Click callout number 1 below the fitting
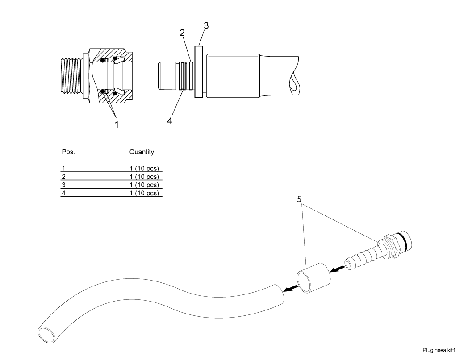tap(117, 124)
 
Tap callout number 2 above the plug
tap(182, 33)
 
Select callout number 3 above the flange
tap(206, 25)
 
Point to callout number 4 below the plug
tap(170, 121)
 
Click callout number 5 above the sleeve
tap(299, 199)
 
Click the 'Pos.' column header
tap(68, 152)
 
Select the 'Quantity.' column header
tap(142, 152)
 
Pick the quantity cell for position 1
tap(144, 169)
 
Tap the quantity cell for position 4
tap(144, 193)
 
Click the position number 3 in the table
tap(63, 185)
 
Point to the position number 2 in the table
tap(63, 177)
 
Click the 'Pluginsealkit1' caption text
tap(439, 350)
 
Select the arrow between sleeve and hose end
tap(291, 289)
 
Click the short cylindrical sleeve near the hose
tap(313, 278)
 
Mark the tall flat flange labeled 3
tap(199, 71)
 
